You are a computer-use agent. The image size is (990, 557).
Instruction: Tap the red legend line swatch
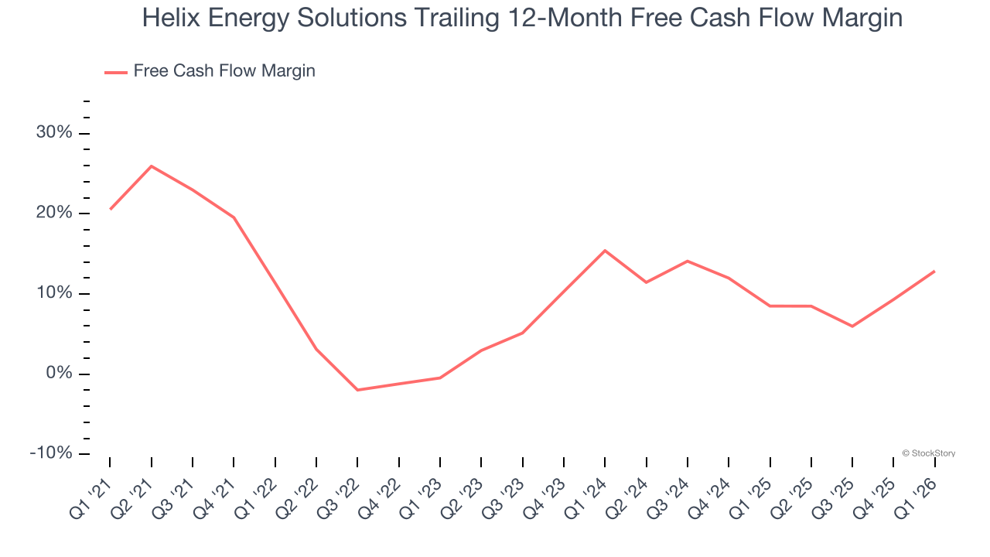(116, 72)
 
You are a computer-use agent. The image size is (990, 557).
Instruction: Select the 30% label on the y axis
(54, 133)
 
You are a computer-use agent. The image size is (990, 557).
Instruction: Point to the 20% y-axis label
(54, 214)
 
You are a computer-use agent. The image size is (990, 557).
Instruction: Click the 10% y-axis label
(54, 294)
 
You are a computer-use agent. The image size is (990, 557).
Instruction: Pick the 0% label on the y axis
(59, 374)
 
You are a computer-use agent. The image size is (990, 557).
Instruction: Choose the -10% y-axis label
(51, 453)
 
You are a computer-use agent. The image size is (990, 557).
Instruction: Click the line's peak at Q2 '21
(151, 166)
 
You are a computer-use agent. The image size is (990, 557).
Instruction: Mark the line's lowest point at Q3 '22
(357, 390)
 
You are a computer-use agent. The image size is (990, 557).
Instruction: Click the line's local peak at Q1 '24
(605, 250)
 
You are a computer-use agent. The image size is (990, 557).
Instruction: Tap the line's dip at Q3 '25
(852, 326)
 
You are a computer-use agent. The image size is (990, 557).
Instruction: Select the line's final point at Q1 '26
(934, 271)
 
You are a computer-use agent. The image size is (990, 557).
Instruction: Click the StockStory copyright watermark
(928, 453)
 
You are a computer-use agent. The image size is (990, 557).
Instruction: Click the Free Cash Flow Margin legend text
(224, 71)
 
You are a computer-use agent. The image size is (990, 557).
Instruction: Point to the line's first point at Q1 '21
(111, 209)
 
